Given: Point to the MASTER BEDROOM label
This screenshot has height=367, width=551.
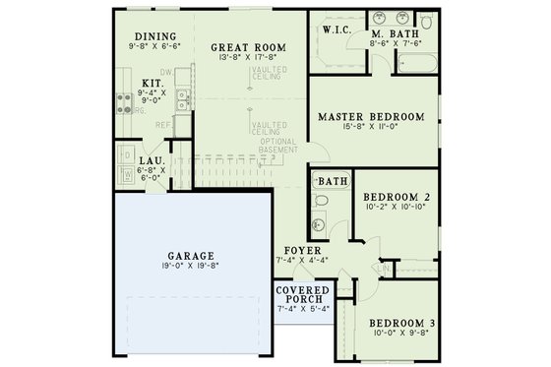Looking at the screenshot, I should [371, 116].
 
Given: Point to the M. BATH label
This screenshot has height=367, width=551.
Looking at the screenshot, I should [396, 32].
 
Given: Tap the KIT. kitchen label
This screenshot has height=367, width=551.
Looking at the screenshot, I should [152, 84].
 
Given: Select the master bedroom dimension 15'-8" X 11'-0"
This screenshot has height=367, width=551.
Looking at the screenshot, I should [371, 127].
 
